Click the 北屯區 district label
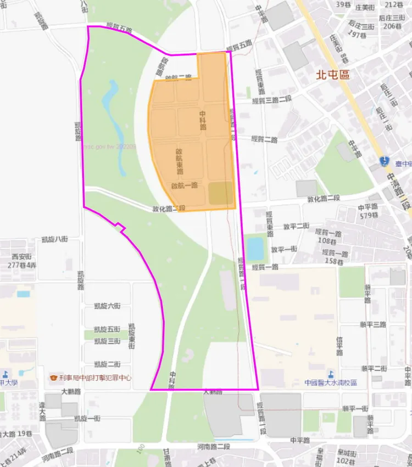click(332, 75)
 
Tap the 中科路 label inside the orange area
click(203, 120)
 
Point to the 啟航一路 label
click(184, 186)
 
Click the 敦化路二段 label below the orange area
click(169, 209)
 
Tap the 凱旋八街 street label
click(54, 239)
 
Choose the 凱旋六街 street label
click(107, 306)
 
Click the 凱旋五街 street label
click(107, 329)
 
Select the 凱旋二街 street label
click(107, 364)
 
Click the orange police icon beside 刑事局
click(53, 378)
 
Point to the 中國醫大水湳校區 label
click(331, 382)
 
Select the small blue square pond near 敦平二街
click(255, 249)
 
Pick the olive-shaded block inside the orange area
click(221, 193)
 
